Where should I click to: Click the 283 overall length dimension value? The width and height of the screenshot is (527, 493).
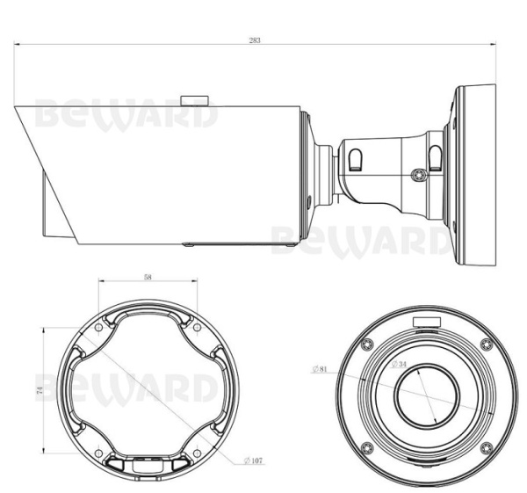[254, 40]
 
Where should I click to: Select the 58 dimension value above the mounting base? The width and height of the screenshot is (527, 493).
[148, 277]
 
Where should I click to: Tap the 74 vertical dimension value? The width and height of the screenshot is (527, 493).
[40, 392]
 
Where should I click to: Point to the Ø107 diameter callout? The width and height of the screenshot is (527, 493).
[256, 460]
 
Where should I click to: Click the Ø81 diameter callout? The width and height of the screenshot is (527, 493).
[320, 370]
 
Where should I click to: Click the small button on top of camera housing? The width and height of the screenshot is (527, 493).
[194, 99]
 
